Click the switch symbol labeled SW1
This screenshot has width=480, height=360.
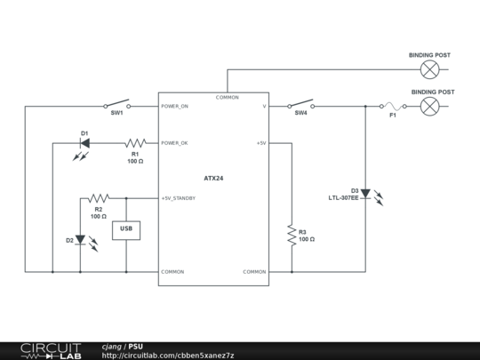[x=117, y=105]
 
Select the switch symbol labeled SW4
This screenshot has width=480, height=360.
[x=301, y=105]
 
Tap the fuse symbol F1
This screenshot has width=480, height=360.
[x=392, y=106]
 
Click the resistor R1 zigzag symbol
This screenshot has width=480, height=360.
[x=135, y=142]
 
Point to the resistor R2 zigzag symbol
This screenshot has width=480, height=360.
[x=99, y=198]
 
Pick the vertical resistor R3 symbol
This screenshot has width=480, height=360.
[x=291, y=235]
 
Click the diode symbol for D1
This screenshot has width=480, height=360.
[x=84, y=142]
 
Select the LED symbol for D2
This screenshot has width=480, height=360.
[x=80, y=239]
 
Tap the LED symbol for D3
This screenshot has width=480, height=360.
[x=365, y=193]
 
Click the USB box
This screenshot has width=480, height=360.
[x=126, y=230]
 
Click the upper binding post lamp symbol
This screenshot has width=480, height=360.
[x=430, y=69]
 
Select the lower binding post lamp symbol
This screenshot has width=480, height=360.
[x=430, y=106]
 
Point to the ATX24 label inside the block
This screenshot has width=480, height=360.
[x=213, y=178]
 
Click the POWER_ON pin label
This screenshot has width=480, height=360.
[x=175, y=106]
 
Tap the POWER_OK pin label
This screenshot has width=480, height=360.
[x=174, y=142]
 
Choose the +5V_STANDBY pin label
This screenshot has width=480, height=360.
[x=179, y=198]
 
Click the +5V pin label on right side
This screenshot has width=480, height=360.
[x=261, y=142]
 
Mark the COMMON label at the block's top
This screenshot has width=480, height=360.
[x=227, y=97]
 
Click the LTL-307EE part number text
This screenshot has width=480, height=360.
[x=343, y=197]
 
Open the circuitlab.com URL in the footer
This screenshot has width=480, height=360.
[x=168, y=356]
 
